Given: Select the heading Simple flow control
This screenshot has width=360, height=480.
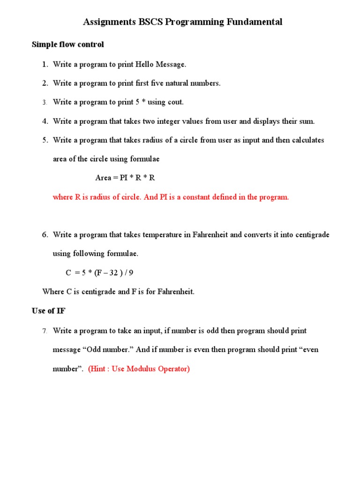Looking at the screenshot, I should [67, 45].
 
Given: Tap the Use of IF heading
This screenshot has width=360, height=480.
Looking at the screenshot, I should [48, 311].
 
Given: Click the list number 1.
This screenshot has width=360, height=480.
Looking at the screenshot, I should [45, 64].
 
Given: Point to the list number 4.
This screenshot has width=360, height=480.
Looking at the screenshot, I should [45, 121].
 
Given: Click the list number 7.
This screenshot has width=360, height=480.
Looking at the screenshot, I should [45, 331].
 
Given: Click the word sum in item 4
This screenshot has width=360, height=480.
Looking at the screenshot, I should [306, 121].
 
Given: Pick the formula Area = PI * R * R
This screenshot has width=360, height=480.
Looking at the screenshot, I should [125, 178].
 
